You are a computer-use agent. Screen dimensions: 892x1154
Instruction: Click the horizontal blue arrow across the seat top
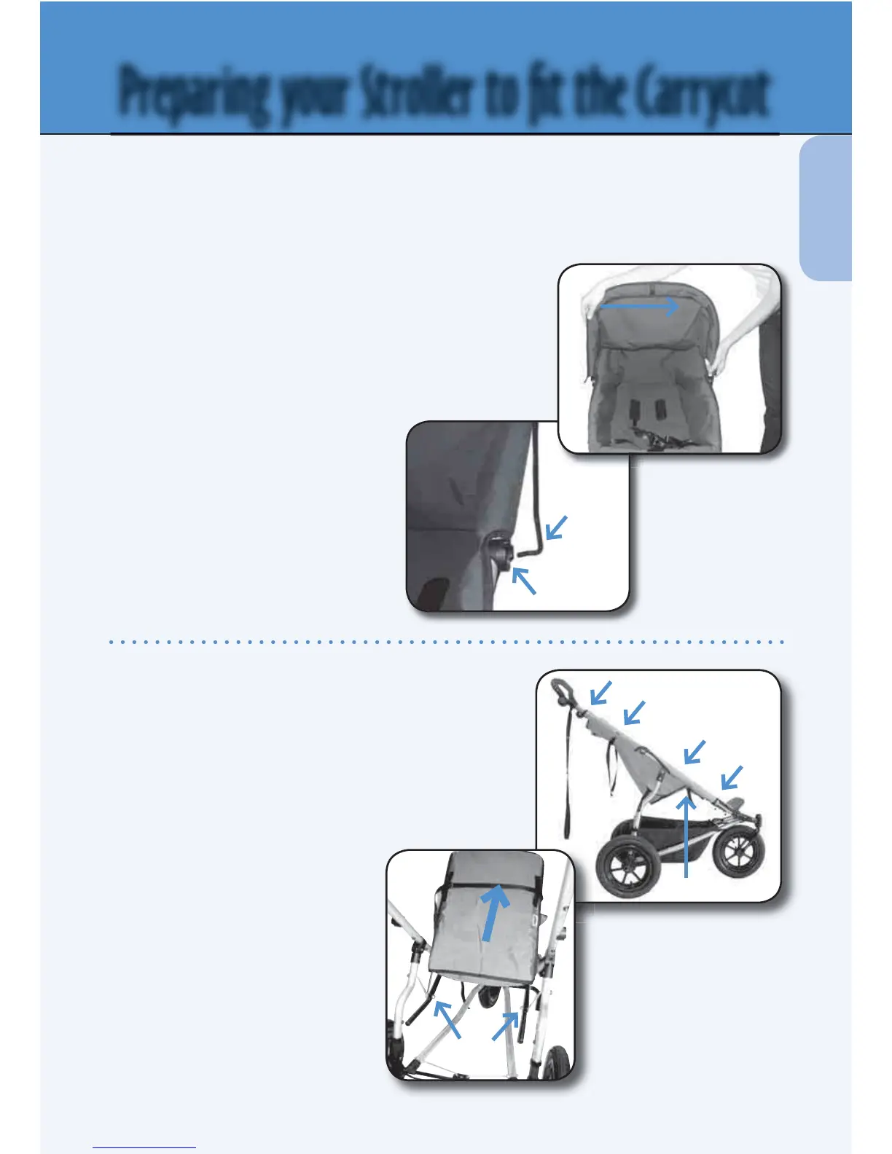(x=639, y=307)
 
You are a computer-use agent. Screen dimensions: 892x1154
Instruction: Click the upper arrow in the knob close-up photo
(x=556, y=527)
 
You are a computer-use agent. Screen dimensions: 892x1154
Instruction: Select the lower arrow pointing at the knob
(x=524, y=581)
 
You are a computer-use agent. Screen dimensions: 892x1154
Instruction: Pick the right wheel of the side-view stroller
(x=738, y=850)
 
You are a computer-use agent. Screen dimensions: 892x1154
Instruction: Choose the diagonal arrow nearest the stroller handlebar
(x=600, y=693)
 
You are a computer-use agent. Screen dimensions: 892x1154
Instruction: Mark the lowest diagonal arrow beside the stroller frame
(x=731, y=777)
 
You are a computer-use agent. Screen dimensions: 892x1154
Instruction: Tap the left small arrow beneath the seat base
(x=447, y=1018)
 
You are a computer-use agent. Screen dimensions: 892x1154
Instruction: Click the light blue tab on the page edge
(x=826, y=208)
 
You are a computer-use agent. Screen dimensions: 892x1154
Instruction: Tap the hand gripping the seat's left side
(x=592, y=306)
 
